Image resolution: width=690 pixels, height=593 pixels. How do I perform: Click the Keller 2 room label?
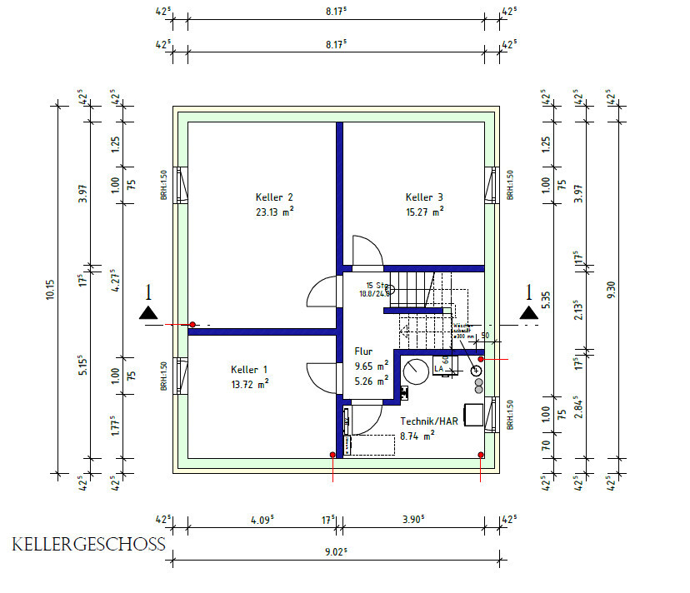click(x=274, y=197)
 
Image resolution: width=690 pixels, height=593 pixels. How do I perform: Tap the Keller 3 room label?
click(x=424, y=197)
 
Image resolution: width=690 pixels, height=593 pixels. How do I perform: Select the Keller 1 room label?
click(x=249, y=369)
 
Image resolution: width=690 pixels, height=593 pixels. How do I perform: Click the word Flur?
click(x=364, y=351)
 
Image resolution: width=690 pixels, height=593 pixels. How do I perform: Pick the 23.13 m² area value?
click(x=274, y=212)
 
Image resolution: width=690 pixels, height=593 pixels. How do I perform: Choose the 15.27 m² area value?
click(x=424, y=212)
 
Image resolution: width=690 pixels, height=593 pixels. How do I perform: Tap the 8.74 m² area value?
click(x=417, y=435)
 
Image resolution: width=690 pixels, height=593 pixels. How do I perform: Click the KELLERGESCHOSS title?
click(x=88, y=546)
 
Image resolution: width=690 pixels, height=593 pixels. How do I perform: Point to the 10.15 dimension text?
click(x=50, y=290)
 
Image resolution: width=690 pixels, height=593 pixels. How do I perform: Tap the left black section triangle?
click(x=148, y=312)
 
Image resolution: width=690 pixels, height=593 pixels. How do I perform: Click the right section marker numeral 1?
click(x=527, y=292)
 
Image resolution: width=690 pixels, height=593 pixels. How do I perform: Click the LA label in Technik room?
click(x=438, y=369)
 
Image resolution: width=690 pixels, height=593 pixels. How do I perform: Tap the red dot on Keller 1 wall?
click(x=192, y=324)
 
